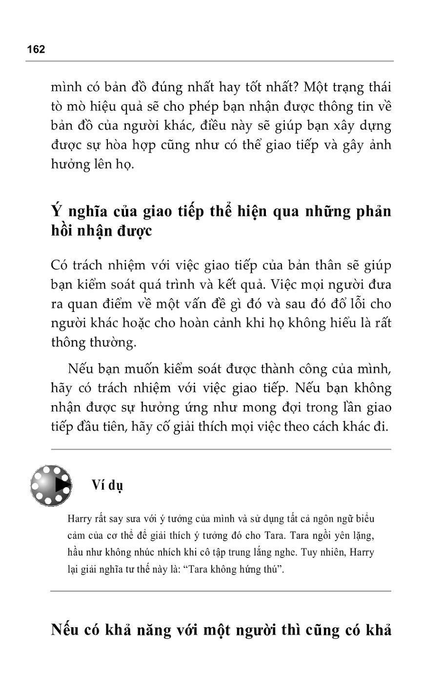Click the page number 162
(x=36, y=49)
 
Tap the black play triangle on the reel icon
(x=62, y=486)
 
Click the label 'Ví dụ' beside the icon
(x=107, y=485)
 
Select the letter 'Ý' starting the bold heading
(x=56, y=211)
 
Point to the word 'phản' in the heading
(x=373, y=211)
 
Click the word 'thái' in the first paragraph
(x=378, y=87)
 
